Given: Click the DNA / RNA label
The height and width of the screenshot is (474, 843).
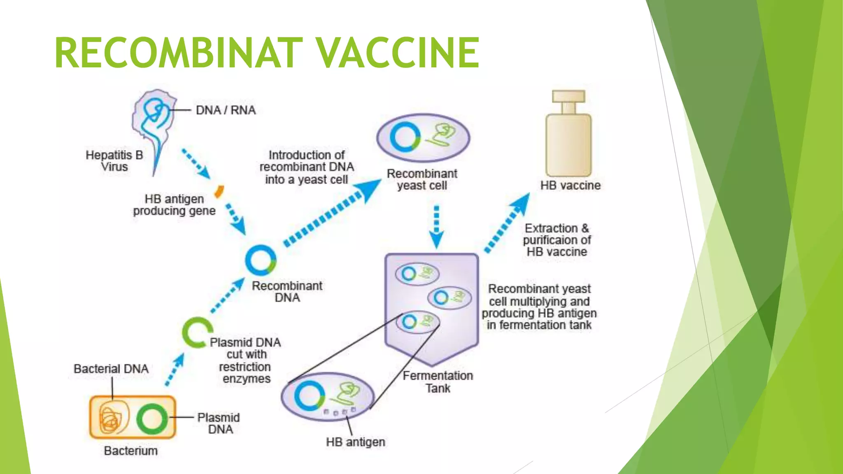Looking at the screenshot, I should click(x=226, y=110).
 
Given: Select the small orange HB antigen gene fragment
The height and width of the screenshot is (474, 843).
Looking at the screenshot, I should click(x=219, y=191).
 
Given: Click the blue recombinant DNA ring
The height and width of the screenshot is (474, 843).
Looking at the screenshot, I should click(x=260, y=260).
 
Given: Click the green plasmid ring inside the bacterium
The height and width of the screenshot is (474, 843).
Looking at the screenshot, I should click(x=152, y=419).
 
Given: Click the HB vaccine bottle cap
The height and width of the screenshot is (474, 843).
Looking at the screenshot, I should click(x=568, y=96).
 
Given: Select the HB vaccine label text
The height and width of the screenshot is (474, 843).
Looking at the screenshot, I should click(x=570, y=186).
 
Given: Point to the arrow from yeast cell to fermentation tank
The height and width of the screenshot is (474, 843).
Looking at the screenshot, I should click(x=436, y=226).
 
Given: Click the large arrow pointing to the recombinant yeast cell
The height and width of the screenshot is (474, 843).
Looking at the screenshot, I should click(x=333, y=214).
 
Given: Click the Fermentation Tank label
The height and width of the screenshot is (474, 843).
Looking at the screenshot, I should click(x=438, y=382).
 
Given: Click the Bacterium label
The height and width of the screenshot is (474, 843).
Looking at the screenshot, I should click(x=130, y=451).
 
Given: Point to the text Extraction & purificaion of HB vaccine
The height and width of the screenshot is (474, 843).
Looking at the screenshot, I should click(x=557, y=240).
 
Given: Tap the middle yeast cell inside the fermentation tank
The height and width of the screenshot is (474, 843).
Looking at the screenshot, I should click(x=449, y=297).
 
